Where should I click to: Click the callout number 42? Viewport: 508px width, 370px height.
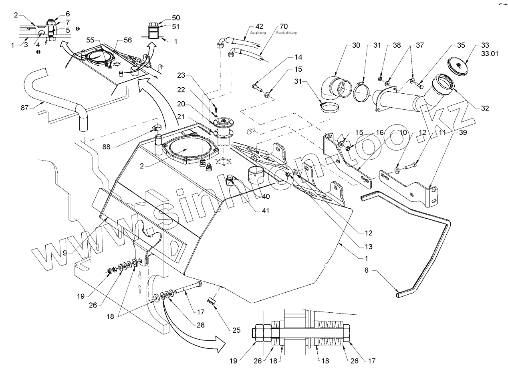coord(259,26)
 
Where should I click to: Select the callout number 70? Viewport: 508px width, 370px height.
coord(284,26)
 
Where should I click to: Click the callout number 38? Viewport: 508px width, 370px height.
coord(385,45)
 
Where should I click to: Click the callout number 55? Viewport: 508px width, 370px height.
coord(90,40)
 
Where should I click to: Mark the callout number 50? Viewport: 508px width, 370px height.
coord(176,18)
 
